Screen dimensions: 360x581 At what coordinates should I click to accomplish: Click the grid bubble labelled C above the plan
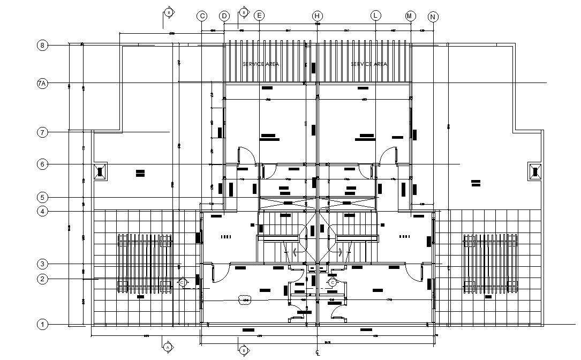coord(202,16)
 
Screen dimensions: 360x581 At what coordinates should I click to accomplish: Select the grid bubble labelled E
coord(259,16)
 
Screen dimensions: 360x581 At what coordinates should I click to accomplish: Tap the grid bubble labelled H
coord(318,16)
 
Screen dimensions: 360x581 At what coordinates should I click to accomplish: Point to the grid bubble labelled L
coord(376,16)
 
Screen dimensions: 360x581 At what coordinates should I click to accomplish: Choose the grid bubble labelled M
coord(411,16)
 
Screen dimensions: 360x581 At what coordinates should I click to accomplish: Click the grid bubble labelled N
coord(433,17)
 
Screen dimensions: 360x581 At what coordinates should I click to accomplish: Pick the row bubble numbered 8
coord(42,46)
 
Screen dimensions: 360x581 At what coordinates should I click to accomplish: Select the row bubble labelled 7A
coord(42,84)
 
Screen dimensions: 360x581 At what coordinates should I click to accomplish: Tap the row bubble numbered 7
coord(42,132)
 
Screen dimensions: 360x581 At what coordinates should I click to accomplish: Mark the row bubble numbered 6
coord(42,164)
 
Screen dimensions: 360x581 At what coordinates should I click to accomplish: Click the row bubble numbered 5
coord(42,197)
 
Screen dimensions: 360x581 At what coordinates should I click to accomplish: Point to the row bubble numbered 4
coord(42,211)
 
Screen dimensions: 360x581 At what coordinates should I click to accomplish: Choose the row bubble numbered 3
coord(42,264)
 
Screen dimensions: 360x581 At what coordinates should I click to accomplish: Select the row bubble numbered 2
coord(42,279)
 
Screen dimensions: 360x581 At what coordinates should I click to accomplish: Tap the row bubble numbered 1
coord(42,324)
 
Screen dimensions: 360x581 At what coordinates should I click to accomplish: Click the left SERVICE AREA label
coord(261,64)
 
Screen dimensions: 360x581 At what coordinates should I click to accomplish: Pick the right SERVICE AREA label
coord(369,64)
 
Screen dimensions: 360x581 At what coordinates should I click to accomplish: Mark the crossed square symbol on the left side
coord(100,171)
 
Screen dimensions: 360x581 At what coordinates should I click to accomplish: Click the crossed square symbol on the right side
coord(535,171)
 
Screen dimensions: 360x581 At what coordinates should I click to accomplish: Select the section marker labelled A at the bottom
coord(168,347)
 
